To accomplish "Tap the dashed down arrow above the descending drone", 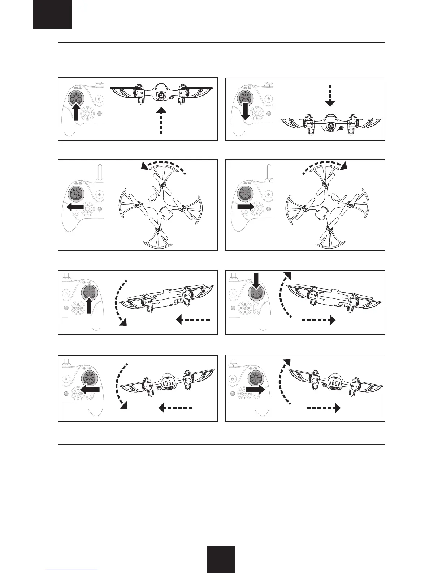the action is tap(330, 95).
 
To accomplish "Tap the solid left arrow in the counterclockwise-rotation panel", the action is tap(75, 207).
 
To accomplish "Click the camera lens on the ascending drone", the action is tap(161, 95).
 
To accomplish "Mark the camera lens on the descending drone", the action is tap(330, 126).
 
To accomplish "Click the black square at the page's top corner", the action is tap(52, 14).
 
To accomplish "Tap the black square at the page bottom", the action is tap(221, 559).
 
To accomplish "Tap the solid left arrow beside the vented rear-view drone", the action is tap(90, 389).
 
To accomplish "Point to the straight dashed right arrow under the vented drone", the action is tap(324, 408).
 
